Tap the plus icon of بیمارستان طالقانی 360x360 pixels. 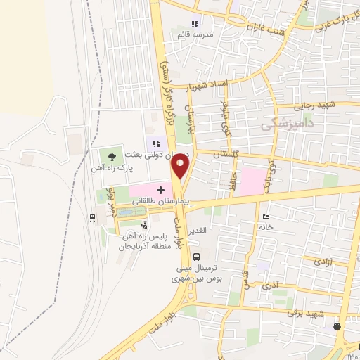[x=160, y=190]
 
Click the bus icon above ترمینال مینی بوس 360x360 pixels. [x=197, y=257]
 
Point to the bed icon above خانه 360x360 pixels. [x=264, y=217]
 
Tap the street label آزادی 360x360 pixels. [x=335, y=261]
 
